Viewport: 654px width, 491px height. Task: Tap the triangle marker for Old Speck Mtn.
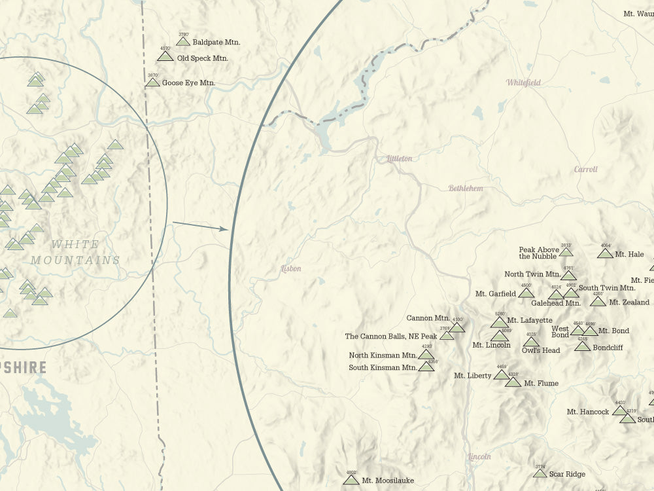pos(165,56)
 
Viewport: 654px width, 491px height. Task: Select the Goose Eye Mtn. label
pos(188,83)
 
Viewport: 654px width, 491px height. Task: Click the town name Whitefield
pos(524,82)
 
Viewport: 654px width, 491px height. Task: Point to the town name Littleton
pos(399,158)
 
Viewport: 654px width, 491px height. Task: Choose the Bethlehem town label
pos(466,189)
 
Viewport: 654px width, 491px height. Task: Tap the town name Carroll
pos(585,170)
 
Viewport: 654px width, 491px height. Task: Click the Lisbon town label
pos(291,268)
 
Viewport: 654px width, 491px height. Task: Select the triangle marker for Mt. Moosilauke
pos(351,480)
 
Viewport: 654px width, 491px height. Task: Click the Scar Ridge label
pos(567,474)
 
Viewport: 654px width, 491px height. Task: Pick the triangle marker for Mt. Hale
pos(605,253)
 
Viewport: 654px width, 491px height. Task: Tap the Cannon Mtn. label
pos(428,318)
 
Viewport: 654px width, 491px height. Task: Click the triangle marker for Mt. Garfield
pos(526,293)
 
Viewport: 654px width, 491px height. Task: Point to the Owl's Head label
pos(541,350)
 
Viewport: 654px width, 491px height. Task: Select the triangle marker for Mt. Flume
pos(513,382)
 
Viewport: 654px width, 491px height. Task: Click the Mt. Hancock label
pos(587,412)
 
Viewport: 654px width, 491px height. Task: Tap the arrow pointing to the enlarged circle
pos(200,227)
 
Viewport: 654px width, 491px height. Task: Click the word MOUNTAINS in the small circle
pos(75,260)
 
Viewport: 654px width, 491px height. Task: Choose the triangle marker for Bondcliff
pos(582,346)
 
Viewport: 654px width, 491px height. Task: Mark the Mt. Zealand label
pos(629,302)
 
